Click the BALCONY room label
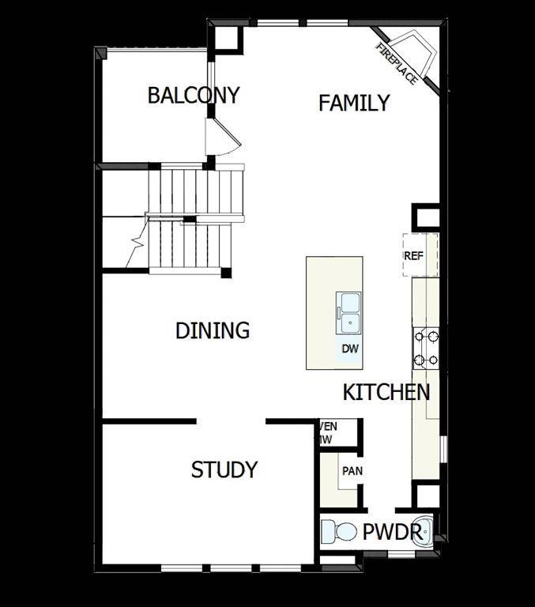pos(194,96)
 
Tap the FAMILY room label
pos(354,103)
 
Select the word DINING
pos(213,330)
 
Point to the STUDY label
pos(224,470)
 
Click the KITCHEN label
pos(386,392)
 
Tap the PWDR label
pos(393,533)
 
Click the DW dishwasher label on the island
pos(350,349)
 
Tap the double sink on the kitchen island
pos(350,311)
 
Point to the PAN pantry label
pos(352,472)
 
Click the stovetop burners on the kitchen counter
pos(425,348)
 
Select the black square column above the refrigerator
pos(425,217)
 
